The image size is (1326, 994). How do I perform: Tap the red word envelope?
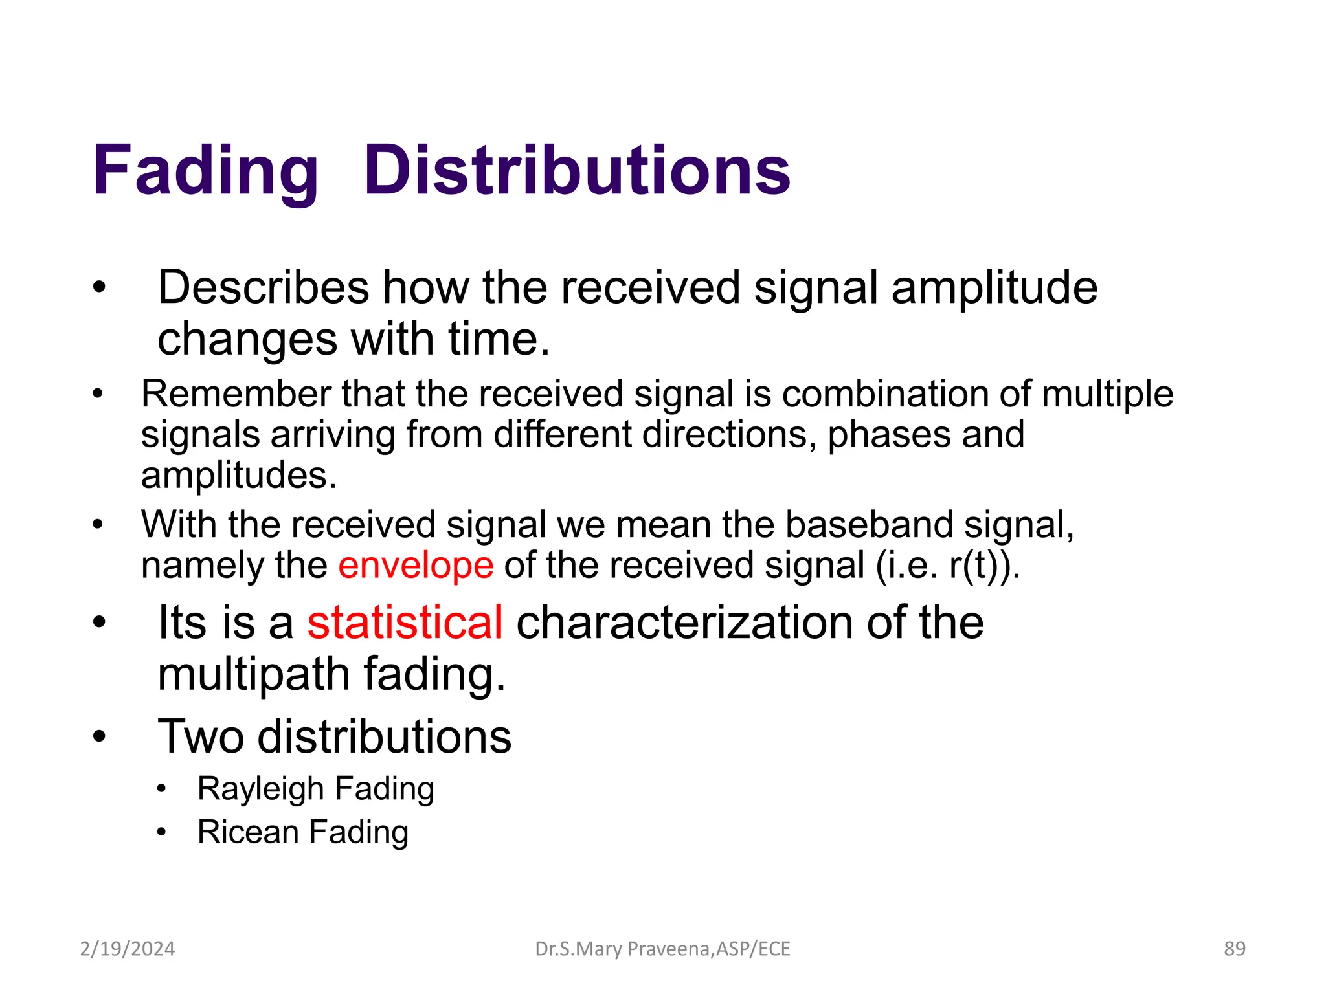[416, 565]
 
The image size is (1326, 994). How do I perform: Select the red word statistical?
[405, 622]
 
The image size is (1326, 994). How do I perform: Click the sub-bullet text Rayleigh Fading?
[315, 788]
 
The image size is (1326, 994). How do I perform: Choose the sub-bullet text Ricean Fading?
[303, 832]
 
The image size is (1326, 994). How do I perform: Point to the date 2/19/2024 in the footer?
[128, 949]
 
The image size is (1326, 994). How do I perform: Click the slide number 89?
[1234, 949]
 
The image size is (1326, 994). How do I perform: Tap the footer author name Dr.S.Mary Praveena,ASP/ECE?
[662, 949]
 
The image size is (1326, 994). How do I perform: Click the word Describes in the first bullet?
[263, 287]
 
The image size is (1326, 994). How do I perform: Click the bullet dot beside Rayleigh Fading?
[161, 789]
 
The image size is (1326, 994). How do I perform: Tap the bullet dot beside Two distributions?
[98, 736]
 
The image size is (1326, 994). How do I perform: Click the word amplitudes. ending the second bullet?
[239, 476]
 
